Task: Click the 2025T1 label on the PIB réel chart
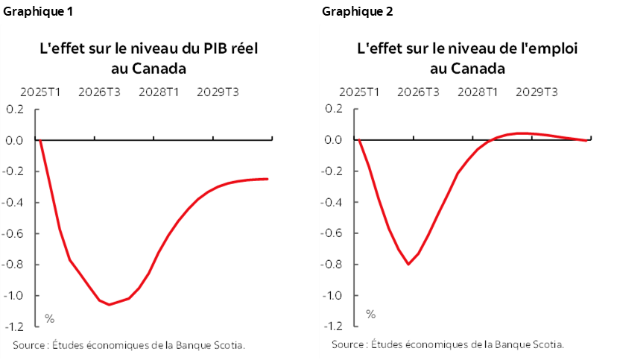click(41, 92)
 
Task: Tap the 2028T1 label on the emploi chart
click(478, 92)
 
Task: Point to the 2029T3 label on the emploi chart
click(537, 92)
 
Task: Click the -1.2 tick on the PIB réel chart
click(14, 326)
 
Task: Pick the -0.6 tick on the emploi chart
click(333, 233)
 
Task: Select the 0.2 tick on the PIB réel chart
click(16, 109)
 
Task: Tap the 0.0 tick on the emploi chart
click(335, 140)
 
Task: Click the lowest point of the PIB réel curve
click(110, 305)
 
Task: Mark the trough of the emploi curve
click(408, 264)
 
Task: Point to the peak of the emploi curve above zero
click(522, 133)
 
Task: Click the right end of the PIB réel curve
click(268, 179)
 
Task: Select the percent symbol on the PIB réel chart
click(50, 318)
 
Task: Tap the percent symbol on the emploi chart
click(370, 315)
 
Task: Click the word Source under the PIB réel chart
click(29, 345)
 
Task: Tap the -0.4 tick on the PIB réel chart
click(14, 202)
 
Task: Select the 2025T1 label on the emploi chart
click(360, 92)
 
